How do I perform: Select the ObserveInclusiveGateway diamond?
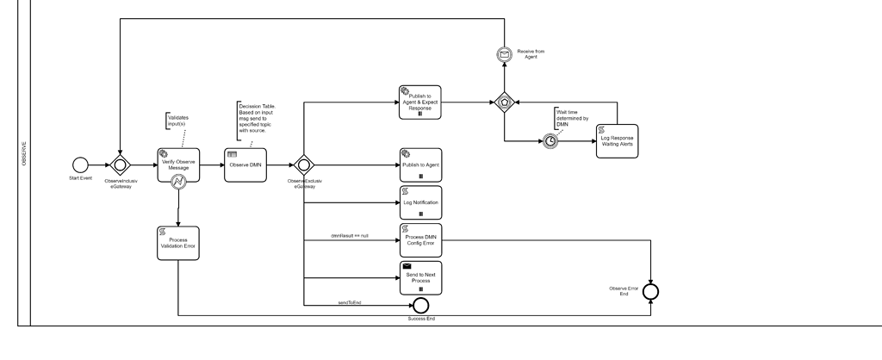[121, 164]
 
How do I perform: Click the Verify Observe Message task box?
[177, 164]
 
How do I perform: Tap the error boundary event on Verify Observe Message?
[178, 182]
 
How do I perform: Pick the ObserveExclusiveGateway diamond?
[303, 164]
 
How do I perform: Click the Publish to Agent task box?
[420, 164]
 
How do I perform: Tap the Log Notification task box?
[420, 202]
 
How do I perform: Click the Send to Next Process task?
[420, 277]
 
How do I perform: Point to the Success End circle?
[420, 305]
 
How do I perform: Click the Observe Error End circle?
[651, 292]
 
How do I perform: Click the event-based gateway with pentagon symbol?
[506, 101]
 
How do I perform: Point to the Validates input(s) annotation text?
[178, 121]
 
